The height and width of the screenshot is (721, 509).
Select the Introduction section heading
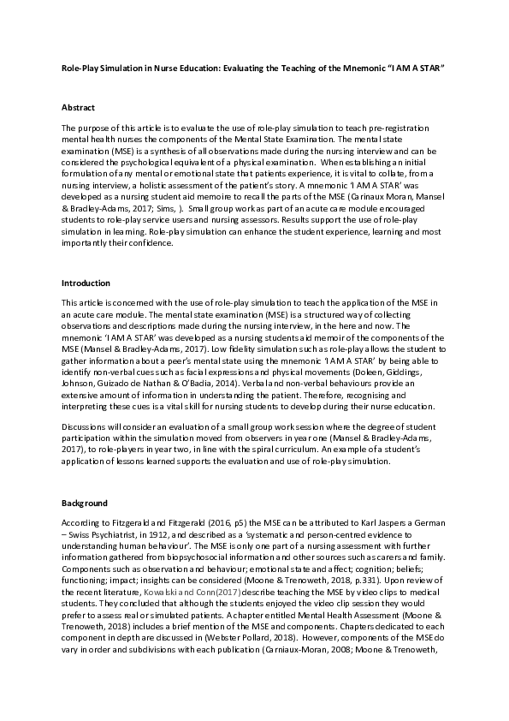[x=85, y=283]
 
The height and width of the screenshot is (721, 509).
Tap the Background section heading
[x=84, y=503]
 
